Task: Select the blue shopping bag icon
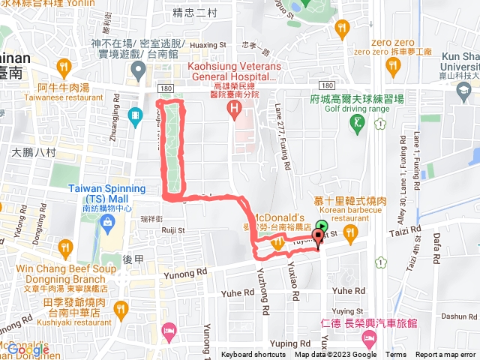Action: [x=108, y=223]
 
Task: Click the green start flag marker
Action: [x=322, y=225]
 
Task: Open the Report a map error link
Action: [x=445, y=355]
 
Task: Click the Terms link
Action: [x=396, y=355]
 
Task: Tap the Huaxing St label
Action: [x=199, y=43]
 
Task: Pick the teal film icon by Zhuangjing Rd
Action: [x=134, y=115]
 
